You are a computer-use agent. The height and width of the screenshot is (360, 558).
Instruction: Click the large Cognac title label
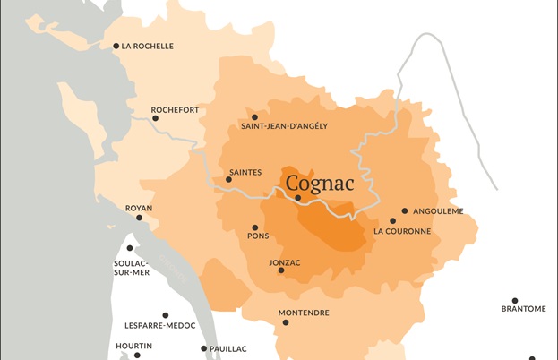pos(320,184)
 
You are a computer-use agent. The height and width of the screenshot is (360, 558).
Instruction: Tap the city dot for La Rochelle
pos(116,46)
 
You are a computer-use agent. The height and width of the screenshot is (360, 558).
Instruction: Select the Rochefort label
pos(175,110)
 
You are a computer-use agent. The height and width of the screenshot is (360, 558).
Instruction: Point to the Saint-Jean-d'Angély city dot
pos(255,116)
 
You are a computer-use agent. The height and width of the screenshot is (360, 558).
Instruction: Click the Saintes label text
pos(245,171)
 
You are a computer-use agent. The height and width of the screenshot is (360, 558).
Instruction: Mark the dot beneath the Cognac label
pos(298,198)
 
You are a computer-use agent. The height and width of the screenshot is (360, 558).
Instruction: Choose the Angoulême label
pos(438,211)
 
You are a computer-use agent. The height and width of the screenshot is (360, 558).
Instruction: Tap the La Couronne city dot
pos(392,220)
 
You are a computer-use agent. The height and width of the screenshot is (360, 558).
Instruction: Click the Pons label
pos(258,236)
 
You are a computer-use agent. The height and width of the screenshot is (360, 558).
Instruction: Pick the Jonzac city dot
pos(281,270)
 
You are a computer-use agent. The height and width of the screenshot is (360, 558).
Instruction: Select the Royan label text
pos(139,208)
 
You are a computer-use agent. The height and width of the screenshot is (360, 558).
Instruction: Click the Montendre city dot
pos(286,322)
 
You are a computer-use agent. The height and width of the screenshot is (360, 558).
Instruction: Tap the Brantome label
pos(523,309)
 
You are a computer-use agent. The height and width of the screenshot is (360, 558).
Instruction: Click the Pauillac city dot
pos(204,348)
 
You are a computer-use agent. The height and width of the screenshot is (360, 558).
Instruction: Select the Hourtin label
pos(134,346)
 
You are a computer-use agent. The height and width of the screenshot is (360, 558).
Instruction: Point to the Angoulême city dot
pos(405,211)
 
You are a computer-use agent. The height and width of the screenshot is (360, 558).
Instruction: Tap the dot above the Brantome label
pos(515,301)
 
